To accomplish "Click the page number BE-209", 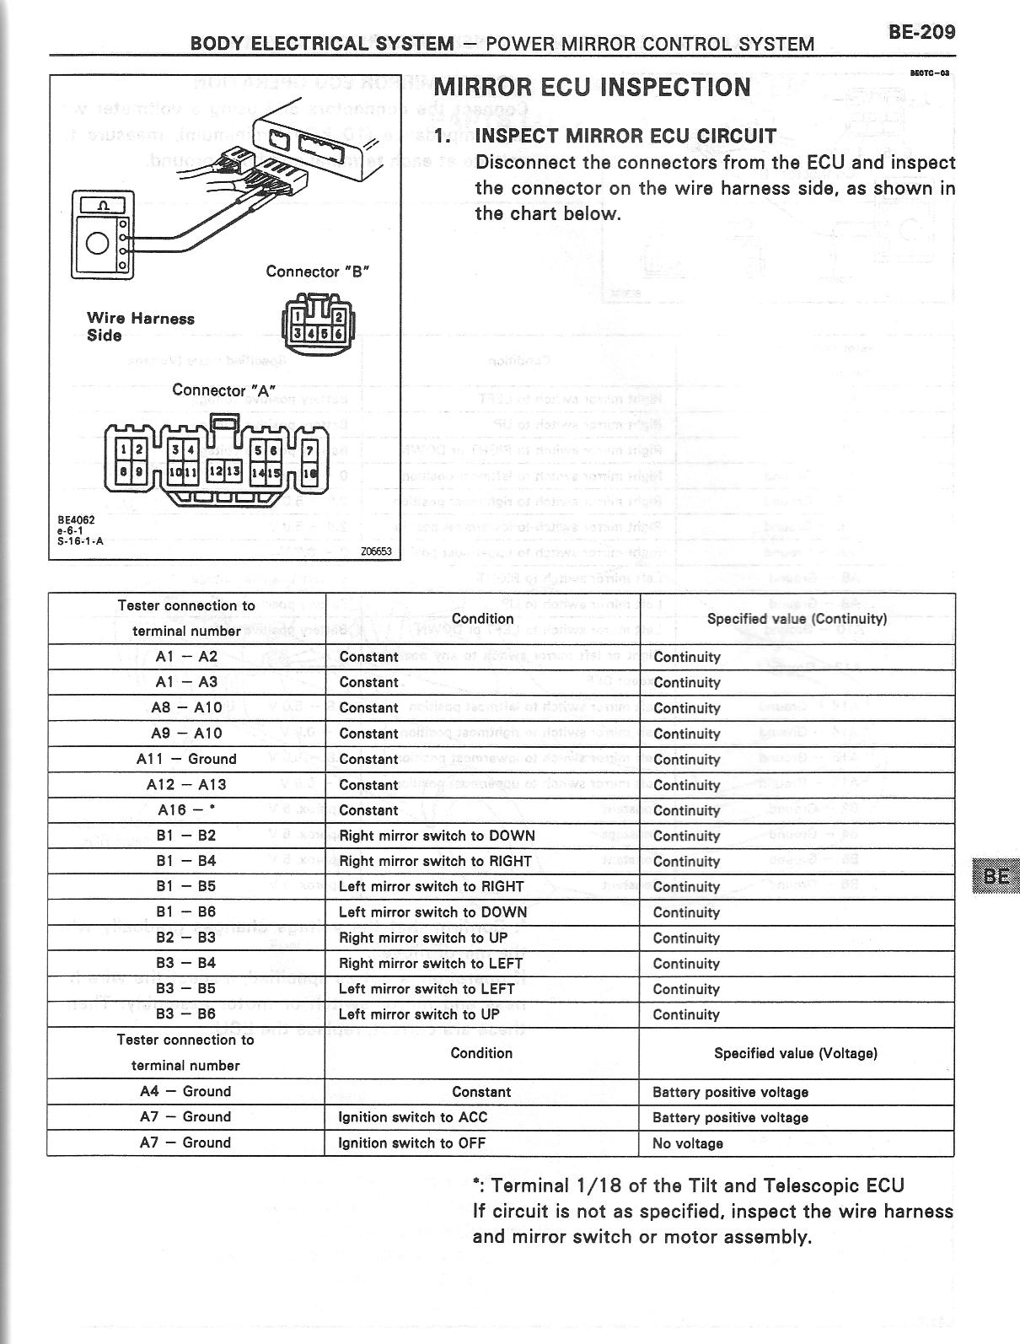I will (921, 32).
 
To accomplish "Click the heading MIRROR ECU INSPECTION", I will (592, 88).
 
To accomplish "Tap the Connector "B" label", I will (317, 271).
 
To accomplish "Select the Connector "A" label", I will (223, 390).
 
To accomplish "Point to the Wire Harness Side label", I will (140, 326).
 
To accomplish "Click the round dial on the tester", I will (98, 244).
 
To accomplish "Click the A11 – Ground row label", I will (186, 759).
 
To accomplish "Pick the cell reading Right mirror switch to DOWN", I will (437, 836).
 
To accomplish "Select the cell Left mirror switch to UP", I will (419, 1014).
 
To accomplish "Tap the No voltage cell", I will (688, 1143).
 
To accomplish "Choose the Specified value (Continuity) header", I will (797, 619).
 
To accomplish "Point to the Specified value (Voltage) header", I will (796, 1053).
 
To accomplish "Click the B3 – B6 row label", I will (186, 1014).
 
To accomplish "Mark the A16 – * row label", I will (186, 810).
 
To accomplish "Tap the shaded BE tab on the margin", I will (995, 875).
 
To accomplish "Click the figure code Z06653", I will (375, 551).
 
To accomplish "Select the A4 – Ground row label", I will (185, 1091).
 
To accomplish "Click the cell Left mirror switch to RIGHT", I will (431, 887).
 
